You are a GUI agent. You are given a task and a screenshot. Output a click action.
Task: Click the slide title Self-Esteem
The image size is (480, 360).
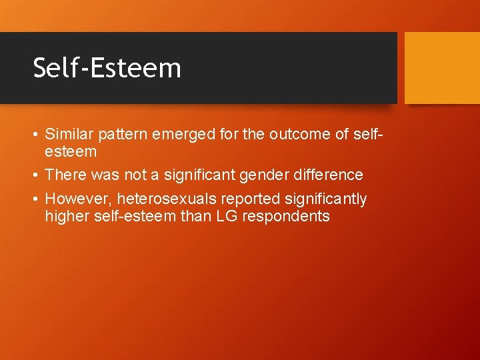pos(107,68)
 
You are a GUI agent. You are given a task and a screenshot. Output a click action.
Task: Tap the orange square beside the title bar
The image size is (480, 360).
pos(442,68)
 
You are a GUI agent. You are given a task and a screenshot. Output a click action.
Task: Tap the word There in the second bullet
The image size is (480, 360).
pos(62,175)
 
